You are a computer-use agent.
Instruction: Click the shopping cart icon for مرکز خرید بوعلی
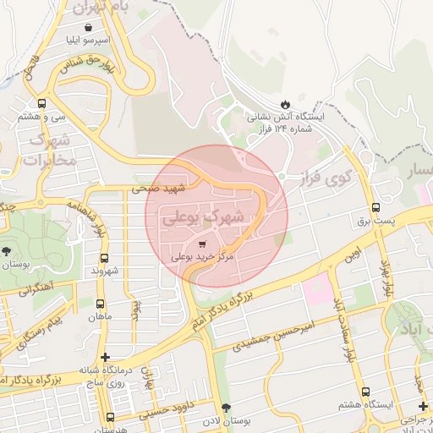coord(200,244)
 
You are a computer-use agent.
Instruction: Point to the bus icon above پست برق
coord(375,207)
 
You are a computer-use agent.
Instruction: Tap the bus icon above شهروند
coord(105,259)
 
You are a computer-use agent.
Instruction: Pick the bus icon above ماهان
coord(101,304)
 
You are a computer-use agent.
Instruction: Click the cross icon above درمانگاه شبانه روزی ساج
coord(105,358)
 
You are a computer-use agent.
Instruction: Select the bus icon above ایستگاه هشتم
coord(365,392)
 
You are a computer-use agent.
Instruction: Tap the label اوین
coord(353,254)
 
